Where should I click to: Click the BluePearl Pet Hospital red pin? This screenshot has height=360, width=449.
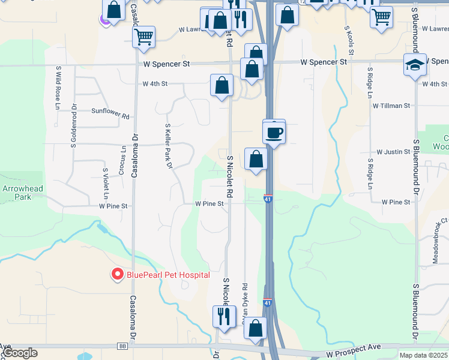(116, 274)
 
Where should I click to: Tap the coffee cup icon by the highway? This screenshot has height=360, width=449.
(274, 132)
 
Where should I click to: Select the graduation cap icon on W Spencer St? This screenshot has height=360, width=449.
(415, 65)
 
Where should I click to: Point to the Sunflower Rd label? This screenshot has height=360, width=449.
(110, 111)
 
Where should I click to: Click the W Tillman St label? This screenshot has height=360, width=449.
(391, 105)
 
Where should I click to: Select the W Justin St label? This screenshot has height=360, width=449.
(393, 152)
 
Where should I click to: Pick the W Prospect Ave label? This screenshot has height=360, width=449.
(354, 348)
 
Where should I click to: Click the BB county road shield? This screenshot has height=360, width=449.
(123, 346)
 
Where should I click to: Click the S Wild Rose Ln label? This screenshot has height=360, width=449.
(58, 88)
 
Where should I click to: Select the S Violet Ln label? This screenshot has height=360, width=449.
(106, 183)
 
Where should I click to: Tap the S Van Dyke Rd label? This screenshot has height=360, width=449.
(245, 303)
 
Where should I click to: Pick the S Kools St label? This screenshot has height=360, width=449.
(347, 36)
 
